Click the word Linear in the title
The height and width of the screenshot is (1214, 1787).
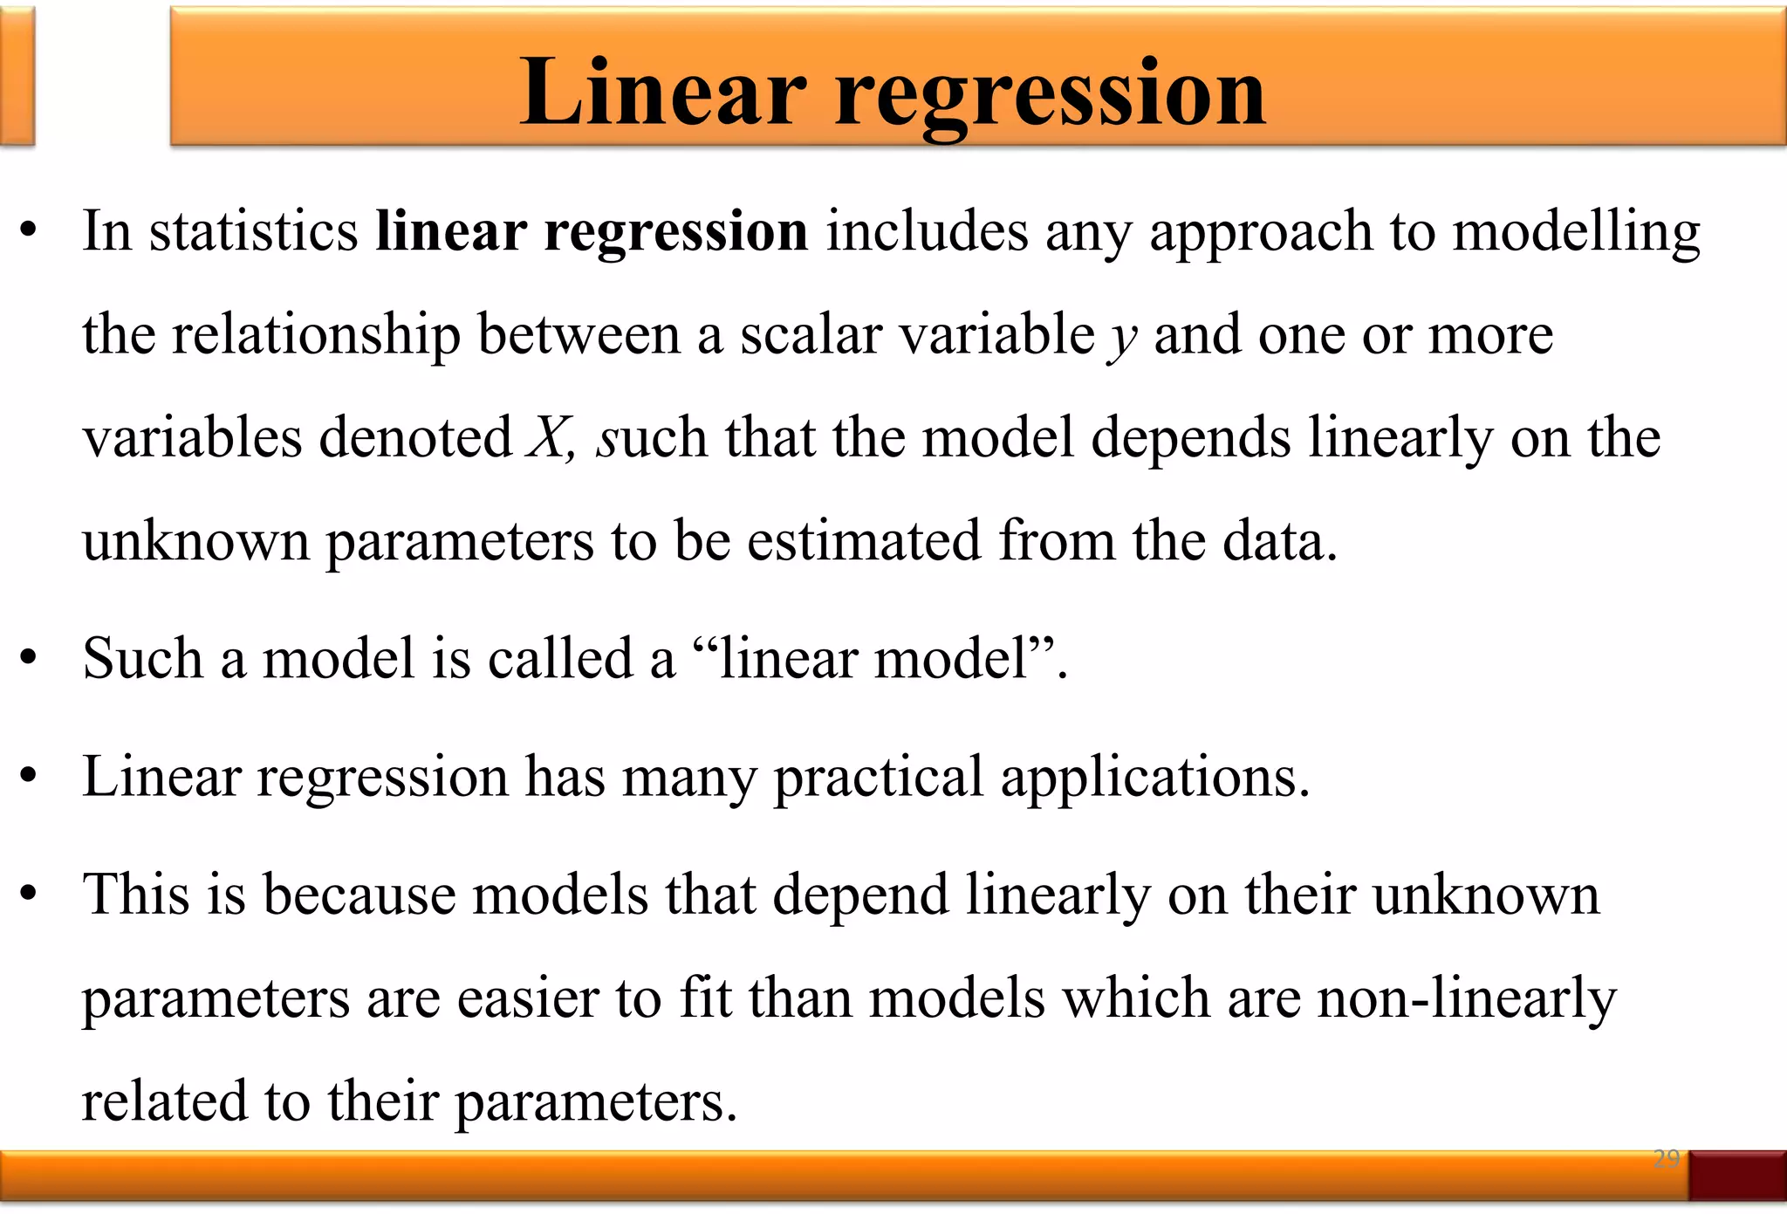(x=663, y=92)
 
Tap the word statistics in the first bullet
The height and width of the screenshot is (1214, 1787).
(x=253, y=231)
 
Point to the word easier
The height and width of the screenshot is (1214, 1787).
(x=528, y=998)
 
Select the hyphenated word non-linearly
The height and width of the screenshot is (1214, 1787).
(x=1467, y=999)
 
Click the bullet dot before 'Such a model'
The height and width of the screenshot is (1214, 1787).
(x=29, y=659)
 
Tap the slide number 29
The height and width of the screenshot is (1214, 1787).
(x=1666, y=1159)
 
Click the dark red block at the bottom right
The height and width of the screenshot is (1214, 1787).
(x=1736, y=1175)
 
